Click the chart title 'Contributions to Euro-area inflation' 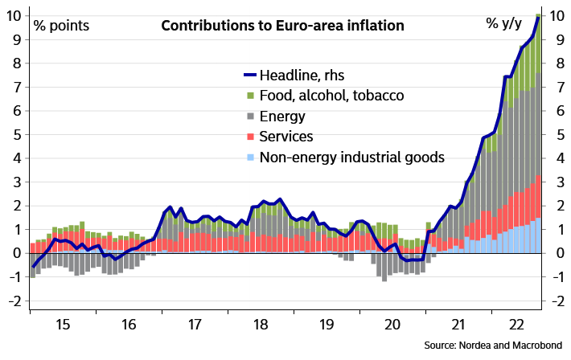coord(282,26)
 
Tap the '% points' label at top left coord(61,26)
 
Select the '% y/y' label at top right coord(505,23)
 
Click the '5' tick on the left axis coord(18,135)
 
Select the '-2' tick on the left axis coord(15,301)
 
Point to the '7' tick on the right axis coord(555,88)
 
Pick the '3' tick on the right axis coord(555,182)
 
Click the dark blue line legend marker coord(250,75)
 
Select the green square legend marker coord(251,96)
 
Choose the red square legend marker coord(251,137)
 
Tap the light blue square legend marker coord(251,157)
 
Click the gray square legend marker coord(251,117)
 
